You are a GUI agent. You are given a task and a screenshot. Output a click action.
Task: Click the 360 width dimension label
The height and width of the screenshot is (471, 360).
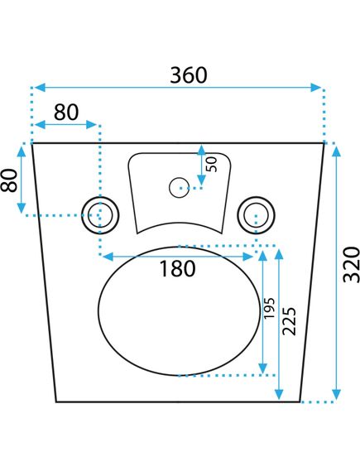coord(189,75)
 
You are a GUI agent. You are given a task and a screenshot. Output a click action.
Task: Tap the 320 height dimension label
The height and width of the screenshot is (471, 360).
coord(351,265)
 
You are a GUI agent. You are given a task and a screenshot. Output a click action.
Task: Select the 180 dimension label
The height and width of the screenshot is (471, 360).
coord(177,268)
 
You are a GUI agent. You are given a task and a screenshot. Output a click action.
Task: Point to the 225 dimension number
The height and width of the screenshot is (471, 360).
coord(290,321)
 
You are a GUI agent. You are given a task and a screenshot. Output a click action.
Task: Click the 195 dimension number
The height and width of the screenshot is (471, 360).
coord(269,308)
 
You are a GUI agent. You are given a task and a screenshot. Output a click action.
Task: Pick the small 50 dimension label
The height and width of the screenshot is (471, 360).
coord(213,165)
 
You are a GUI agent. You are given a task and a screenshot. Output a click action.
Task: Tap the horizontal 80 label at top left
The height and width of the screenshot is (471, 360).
coord(66,112)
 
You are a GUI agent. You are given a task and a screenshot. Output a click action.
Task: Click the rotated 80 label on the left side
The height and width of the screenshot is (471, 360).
coord(9,180)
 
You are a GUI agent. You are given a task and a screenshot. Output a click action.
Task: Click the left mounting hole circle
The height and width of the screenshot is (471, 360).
coord(100,215)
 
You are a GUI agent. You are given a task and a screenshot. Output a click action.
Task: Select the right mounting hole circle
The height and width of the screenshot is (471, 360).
coord(256,215)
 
